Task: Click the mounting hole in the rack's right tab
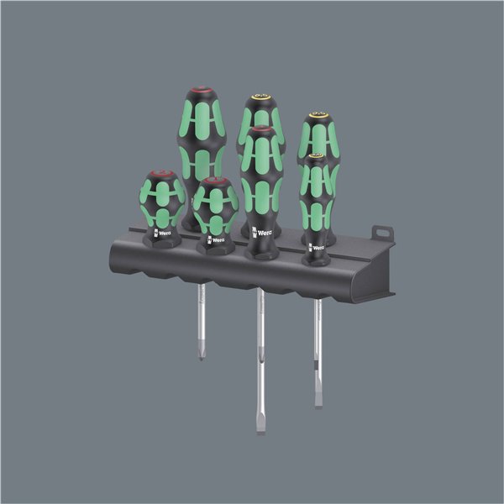385,228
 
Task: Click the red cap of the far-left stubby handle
161,175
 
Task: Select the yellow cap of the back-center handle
256,101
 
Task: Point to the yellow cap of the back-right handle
317,117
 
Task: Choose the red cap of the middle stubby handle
215,181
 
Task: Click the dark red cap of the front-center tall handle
261,130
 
